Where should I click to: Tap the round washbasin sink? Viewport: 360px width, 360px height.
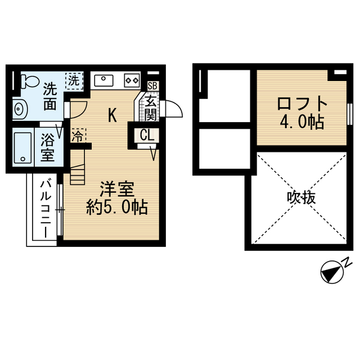[19, 108]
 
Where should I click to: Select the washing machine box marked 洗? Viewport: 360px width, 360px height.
[73, 80]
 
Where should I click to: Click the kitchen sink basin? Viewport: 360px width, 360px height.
[104, 80]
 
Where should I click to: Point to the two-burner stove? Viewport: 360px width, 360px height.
[132, 80]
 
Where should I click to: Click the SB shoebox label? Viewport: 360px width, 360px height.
[151, 86]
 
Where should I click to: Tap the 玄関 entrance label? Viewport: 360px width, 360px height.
[150, 108]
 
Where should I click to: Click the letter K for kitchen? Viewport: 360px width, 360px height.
[112, 116]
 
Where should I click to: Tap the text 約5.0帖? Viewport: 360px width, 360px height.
[116, 208]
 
